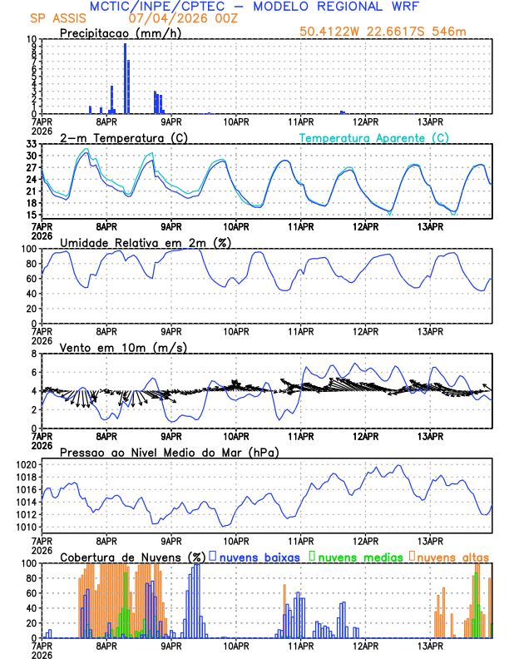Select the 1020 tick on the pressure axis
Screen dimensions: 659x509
tap(26, 464)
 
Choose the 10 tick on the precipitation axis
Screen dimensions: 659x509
tap(31, 39)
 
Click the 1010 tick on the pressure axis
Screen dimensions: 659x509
tap(26, 527)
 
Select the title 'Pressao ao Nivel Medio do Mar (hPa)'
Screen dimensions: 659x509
tap(169, 452)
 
